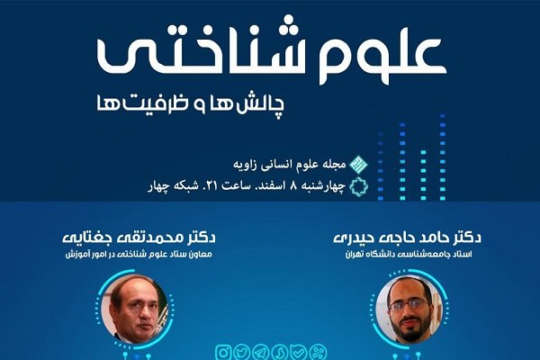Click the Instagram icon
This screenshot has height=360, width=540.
(223, 353)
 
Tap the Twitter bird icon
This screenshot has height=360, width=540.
(241, 353)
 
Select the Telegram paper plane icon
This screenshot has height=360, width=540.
(260, 353)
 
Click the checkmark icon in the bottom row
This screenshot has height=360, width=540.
(298, 353)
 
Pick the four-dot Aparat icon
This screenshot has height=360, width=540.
(317, 353)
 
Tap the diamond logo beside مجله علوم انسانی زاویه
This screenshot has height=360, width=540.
(358, 165)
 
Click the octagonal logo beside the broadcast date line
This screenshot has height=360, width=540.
(358, 186)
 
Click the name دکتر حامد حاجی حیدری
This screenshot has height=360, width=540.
(408, 238)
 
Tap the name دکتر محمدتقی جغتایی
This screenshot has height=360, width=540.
(139, 238)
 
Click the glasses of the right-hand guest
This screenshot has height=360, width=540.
(409, 304)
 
